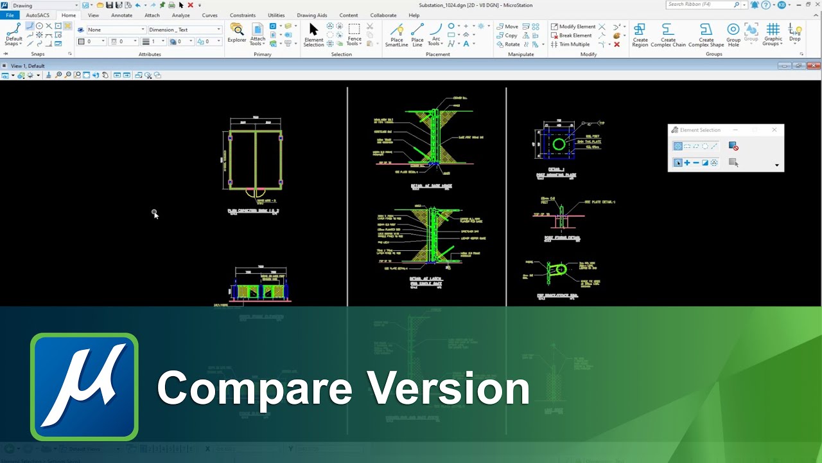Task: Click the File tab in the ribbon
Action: click(10, 15)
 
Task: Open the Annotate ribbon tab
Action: click(121, 15)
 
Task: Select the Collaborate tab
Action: click(383, 15)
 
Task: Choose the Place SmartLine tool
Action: click(396, 35)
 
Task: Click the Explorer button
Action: click(237, 33)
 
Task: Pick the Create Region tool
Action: click(640, 35)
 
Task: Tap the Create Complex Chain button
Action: click(668, 35)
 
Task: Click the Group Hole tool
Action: click(733, 35)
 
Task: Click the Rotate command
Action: click(508, 44)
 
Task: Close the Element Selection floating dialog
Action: click(774, 130)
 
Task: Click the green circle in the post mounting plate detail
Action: click(559, 144)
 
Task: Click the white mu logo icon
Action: click(84, 386)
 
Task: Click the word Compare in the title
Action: click(255, 388)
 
